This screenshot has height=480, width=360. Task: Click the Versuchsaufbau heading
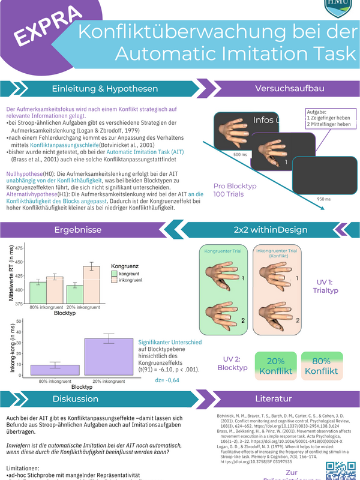289,89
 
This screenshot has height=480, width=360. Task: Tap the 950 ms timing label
325,199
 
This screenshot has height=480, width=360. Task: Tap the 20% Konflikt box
275,366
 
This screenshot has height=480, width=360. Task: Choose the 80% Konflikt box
321,366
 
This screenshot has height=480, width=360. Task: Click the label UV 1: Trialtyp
326,286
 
